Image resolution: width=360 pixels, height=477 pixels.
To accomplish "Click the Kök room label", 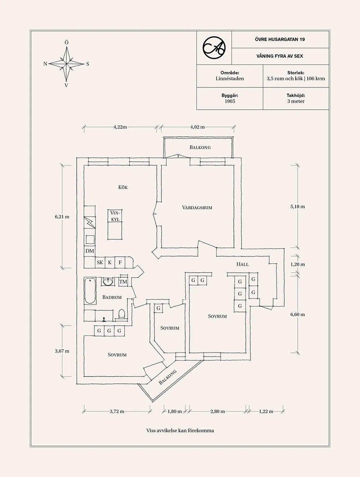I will pos(123,187).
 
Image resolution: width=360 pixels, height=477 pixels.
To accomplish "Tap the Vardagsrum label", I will pos(197,208).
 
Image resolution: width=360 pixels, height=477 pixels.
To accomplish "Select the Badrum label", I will pos(112,297).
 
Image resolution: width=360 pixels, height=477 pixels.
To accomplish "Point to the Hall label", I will pos(242,264).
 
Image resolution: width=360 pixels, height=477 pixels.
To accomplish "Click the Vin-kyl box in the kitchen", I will pos(115,216).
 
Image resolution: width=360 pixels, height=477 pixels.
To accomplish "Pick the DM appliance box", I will pos(90,251).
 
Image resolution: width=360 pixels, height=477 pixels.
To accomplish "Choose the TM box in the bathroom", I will pos(123,282).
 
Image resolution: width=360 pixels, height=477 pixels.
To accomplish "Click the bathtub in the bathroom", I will pos(90,291).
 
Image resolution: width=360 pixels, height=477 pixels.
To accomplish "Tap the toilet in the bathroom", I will pos(121,314).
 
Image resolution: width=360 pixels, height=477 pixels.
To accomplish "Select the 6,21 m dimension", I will pos(62,217).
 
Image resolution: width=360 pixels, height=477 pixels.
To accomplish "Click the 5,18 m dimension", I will pos(297,206).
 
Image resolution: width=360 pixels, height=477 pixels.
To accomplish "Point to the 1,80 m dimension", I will pos(175,411).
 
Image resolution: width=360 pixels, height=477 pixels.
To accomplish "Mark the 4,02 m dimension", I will pos(197,127).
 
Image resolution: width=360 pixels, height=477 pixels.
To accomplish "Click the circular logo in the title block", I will pos(214,47).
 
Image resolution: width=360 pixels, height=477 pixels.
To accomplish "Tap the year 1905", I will pos(230,101).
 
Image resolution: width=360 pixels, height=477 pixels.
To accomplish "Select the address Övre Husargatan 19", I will pos(280,39).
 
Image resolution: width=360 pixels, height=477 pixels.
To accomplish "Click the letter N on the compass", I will pos(45,64).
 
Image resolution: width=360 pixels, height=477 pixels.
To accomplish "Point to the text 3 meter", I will pos(296,101).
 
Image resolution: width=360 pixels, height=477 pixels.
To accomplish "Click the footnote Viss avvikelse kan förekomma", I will pos(180,430).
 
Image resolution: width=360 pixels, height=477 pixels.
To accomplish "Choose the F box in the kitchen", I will pos(120,263).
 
